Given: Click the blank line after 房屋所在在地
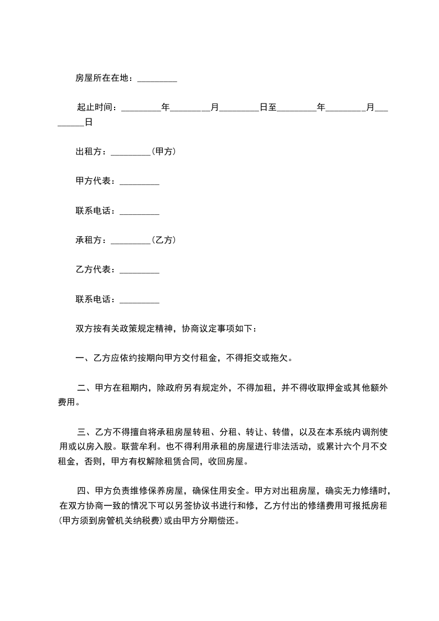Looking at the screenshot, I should pos(157,80).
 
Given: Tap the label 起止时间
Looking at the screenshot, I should pos(95,107).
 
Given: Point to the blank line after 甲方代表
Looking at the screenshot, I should pos(140,182).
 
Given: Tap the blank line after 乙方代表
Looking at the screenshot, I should pos(140,270).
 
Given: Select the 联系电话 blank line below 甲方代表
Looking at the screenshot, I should pos(140,211).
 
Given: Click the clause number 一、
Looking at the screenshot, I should pos(81,358).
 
